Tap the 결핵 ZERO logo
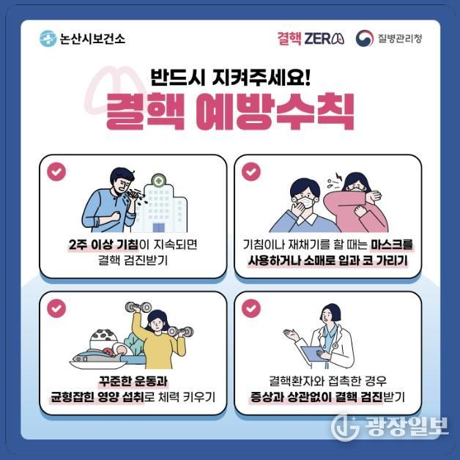311,38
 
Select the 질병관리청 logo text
399,38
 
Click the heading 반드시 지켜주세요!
230,76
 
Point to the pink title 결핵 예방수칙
230,112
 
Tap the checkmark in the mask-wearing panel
251,171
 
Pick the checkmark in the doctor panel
251,308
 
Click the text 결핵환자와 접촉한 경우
327,382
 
